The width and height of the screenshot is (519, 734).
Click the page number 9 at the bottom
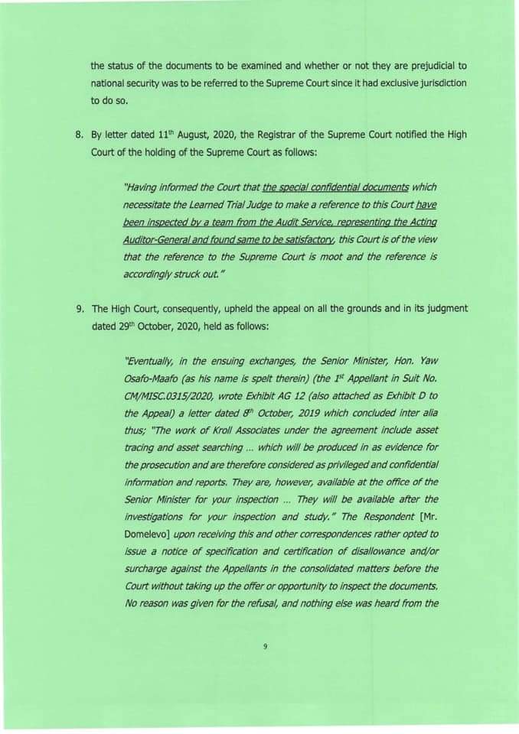point(265,647)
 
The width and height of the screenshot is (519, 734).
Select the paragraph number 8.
point(79,135)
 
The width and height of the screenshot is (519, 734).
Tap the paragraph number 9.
point(79,309)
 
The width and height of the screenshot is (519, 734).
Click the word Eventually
point(149,364)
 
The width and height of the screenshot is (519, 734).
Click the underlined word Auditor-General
point(154,239)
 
